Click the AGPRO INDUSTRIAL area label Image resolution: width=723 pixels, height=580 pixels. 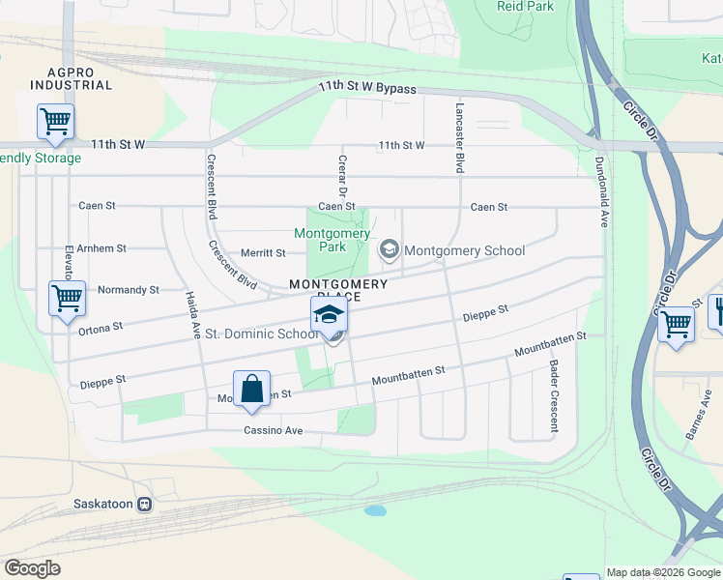[71, 78]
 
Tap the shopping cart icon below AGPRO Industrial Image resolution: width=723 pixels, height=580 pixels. [55, 123]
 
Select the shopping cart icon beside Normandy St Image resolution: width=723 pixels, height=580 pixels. [67, 300]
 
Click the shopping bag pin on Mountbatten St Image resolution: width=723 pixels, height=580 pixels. [251, 391]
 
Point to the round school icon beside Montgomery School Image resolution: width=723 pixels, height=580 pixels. [389, 250]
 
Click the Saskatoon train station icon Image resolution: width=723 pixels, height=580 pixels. [145, 504]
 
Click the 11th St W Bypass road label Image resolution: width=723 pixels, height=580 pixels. [367, 90]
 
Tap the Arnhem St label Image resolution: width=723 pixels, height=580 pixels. [101, 248]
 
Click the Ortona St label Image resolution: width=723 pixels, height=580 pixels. [102, 328]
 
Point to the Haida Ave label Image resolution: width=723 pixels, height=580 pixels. [191, 317]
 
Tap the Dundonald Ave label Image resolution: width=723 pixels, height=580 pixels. [601, 191]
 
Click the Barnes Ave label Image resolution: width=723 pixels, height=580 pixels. [698, 421]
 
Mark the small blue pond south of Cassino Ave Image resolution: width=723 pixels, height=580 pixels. [375, 510]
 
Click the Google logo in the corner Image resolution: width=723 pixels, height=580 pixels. [32, 568]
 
